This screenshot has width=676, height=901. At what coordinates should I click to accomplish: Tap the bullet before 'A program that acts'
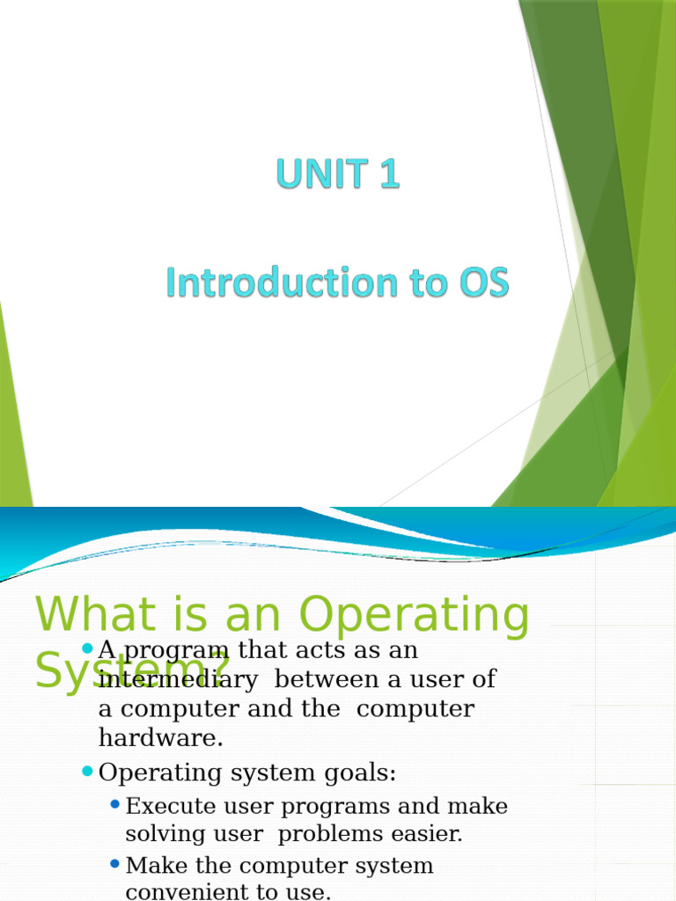(x=86, y=648)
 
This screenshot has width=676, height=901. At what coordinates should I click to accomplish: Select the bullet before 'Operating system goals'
(x=86, y=772)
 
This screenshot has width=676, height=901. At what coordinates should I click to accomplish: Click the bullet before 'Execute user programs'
(x=114, y=804)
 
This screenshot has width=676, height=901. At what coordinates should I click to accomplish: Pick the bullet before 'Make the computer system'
(x=114, y=864)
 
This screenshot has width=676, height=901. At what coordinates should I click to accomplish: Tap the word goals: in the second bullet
(x=363, y=773)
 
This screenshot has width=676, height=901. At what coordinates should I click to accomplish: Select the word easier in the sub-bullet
(x=430, y=833)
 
